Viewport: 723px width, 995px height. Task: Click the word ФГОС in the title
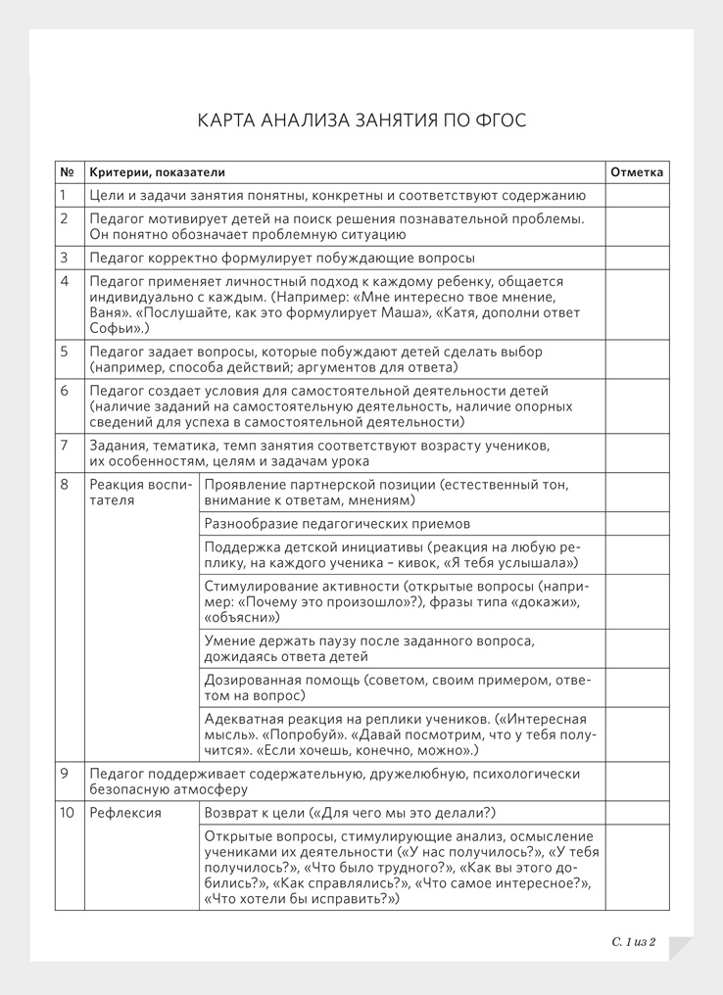point(500,120)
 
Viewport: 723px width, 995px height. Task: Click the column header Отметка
point(637,172)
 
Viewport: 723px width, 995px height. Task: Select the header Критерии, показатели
point(157,172)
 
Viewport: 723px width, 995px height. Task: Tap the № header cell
point(67,172)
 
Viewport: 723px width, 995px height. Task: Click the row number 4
point(65,281)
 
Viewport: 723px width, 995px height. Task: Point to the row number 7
point(65,445)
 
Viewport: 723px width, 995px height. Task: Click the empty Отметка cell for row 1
point(637,195)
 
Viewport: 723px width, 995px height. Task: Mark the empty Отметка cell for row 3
point(637,258)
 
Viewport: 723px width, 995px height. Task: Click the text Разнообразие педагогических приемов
point(337,523)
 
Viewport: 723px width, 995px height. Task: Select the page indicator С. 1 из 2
point(633,942)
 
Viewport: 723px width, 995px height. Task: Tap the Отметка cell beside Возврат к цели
point(637,812)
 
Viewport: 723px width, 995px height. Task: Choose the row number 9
point(65,773)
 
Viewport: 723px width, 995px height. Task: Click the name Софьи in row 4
point(114,328)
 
